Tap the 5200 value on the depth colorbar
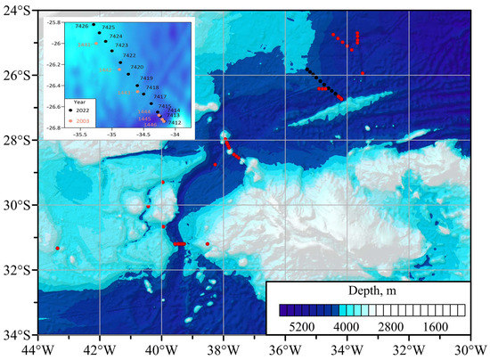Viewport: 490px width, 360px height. (304, 327)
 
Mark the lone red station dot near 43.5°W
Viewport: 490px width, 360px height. (57, 248)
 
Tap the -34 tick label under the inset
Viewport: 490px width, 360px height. (176, 135)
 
